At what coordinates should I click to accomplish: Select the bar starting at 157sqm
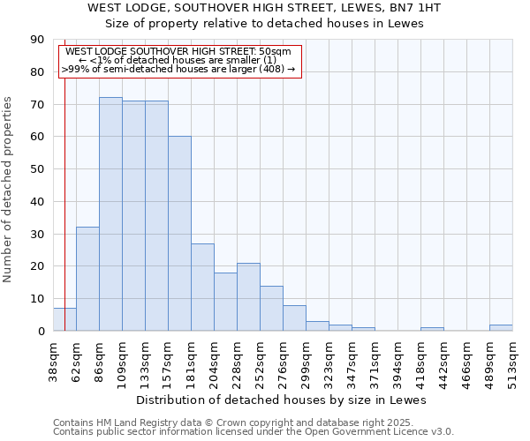pyautogui.click(x=179, y=234)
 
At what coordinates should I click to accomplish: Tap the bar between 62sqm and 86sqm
pyautogui.click(x=87, y=279)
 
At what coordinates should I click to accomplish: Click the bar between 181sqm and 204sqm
pyautogui.click(x=202, y=288)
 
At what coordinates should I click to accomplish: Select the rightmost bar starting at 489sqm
pyautogui.click(x=501, y=328)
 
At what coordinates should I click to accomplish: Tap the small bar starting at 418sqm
pyautogui.click(x=432, y=329)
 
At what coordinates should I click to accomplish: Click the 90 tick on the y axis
pyautogui.click(x=37, y=40)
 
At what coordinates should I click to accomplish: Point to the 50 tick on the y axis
pyautogui.click(x=37, y=169)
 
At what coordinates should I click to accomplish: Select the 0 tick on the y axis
pyautogui.click(x=41, y=331)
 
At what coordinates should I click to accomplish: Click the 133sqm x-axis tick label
pyautogui.click(x=145, y=361)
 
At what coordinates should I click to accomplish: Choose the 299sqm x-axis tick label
pyautogui.click(x=306, y=361)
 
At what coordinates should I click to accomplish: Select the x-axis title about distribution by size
pyautogui.click(x=283, y=400)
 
